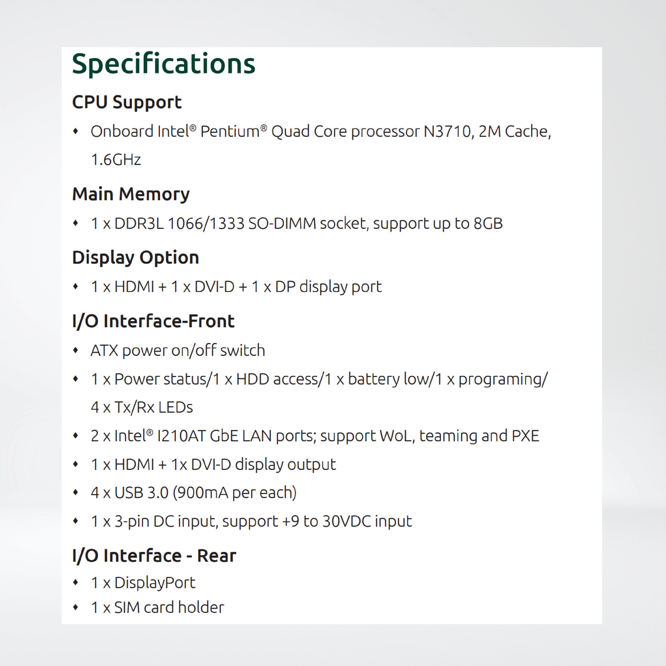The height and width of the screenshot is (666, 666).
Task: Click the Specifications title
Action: click(x=164, y=64)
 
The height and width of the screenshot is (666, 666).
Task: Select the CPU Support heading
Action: click(x=127, y=102)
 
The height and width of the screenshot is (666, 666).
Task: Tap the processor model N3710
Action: click(x=447, y=131)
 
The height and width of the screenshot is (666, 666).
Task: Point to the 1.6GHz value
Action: click(x=116, y=160)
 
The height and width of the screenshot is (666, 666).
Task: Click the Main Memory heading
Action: click(x=131, y=194)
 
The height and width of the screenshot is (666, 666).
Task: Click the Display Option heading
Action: click(x=135, y=257)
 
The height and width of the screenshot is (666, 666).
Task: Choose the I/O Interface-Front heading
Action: click(x=153, y=321)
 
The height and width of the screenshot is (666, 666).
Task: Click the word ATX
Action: click(x=104, y=351)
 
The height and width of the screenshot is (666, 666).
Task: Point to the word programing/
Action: click(x=502, y=379)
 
